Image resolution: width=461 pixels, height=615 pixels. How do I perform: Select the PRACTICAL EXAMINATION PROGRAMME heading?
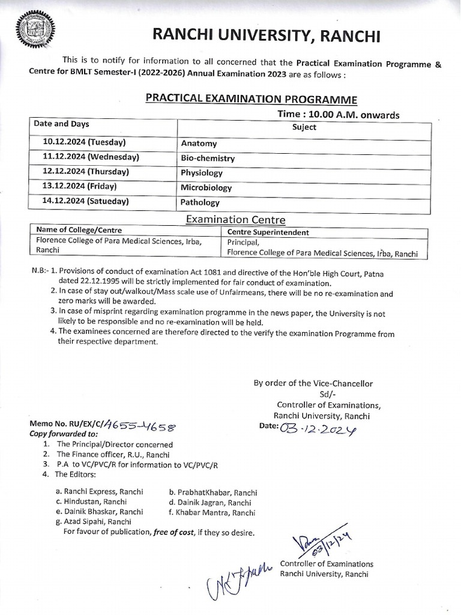(252, 99)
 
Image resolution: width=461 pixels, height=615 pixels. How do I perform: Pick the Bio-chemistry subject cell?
(207, 159)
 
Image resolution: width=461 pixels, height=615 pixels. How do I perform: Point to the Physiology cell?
(202, 173)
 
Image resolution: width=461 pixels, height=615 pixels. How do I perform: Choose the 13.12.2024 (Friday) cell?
(79, 187)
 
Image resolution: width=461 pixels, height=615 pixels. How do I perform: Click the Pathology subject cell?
(200, 203)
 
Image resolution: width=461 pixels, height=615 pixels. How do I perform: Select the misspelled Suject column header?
(304, 127)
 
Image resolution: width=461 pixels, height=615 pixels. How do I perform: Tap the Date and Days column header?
(62, 124)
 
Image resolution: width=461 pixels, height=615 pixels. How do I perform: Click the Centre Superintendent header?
(268, 232)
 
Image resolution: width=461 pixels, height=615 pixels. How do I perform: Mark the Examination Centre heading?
(236, 220)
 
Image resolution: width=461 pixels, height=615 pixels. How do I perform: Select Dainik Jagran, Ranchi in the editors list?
(210, 502)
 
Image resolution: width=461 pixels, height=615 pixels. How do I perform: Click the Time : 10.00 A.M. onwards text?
(338, 114)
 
